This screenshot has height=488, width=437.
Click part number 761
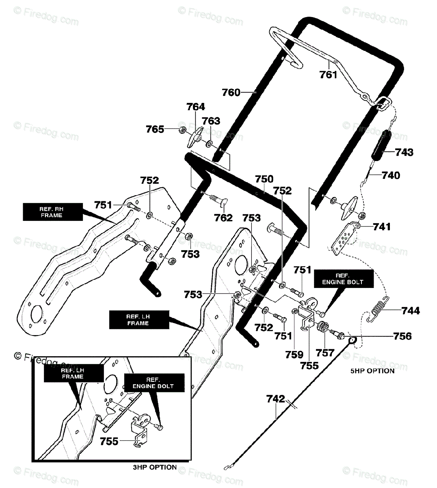point(328,74)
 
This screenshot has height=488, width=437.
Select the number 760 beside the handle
point(231,92)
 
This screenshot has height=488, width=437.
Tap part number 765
point(155,129)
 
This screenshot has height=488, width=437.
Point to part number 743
point(404,152)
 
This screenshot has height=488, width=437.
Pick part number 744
point(411,310)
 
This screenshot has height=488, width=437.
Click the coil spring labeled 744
point(378,309)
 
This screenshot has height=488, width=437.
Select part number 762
point(223,218)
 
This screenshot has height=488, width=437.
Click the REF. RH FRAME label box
point(53,212)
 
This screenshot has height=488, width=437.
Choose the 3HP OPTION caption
point(155,467)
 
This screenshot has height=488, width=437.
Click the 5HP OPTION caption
point(372,371)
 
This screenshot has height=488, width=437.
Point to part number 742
point(275,399)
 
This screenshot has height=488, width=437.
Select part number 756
point(402,336)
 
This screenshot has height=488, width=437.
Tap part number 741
point(382,227)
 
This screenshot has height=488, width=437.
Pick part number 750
point(264,179)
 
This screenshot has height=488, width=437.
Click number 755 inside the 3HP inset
point(109,442)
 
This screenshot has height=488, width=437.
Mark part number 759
point(294,355)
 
